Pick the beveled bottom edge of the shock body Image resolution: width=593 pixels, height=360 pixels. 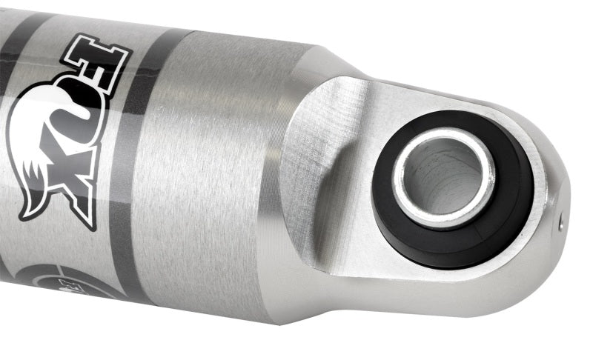click(x=296, y=311)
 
